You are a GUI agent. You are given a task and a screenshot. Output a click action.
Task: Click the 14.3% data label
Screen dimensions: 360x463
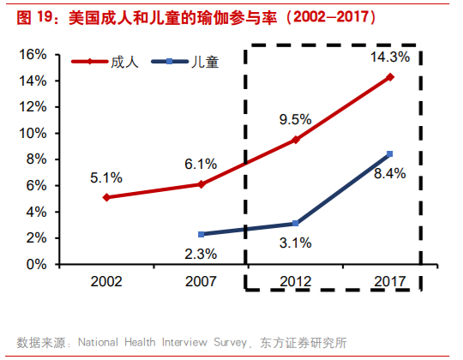tap(390, 57)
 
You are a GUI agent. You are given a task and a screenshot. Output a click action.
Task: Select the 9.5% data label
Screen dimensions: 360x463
tap(296, 119)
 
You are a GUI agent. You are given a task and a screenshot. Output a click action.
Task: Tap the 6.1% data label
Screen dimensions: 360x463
tap(201, 163)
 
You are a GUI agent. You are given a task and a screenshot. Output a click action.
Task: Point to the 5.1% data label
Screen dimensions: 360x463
tap(106, 177)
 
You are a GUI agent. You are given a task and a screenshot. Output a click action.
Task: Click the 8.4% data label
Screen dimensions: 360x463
tap(390, 173)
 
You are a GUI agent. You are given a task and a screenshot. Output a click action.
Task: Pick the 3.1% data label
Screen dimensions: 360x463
tap(296, 243)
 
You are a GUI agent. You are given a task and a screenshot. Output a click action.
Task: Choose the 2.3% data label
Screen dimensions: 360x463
tap(201, 253)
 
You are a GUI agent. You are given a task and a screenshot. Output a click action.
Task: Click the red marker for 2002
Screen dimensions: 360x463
tap(106, 197)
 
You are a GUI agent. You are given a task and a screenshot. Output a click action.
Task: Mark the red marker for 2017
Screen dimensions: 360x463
tap(390, 77)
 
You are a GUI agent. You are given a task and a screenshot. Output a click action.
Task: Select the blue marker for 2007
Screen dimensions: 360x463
tap(201, 234)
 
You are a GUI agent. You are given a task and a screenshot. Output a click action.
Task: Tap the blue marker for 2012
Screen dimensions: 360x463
tap(296, 224)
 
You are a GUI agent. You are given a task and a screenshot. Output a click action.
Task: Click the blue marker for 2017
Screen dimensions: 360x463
tap(390, 154)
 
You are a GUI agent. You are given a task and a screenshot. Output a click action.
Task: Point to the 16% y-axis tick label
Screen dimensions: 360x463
tap(33, 54)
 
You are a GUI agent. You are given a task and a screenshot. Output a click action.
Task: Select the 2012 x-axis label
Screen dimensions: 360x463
tap(296, 281)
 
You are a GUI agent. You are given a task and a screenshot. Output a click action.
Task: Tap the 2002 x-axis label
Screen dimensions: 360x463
tap(106, 281)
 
